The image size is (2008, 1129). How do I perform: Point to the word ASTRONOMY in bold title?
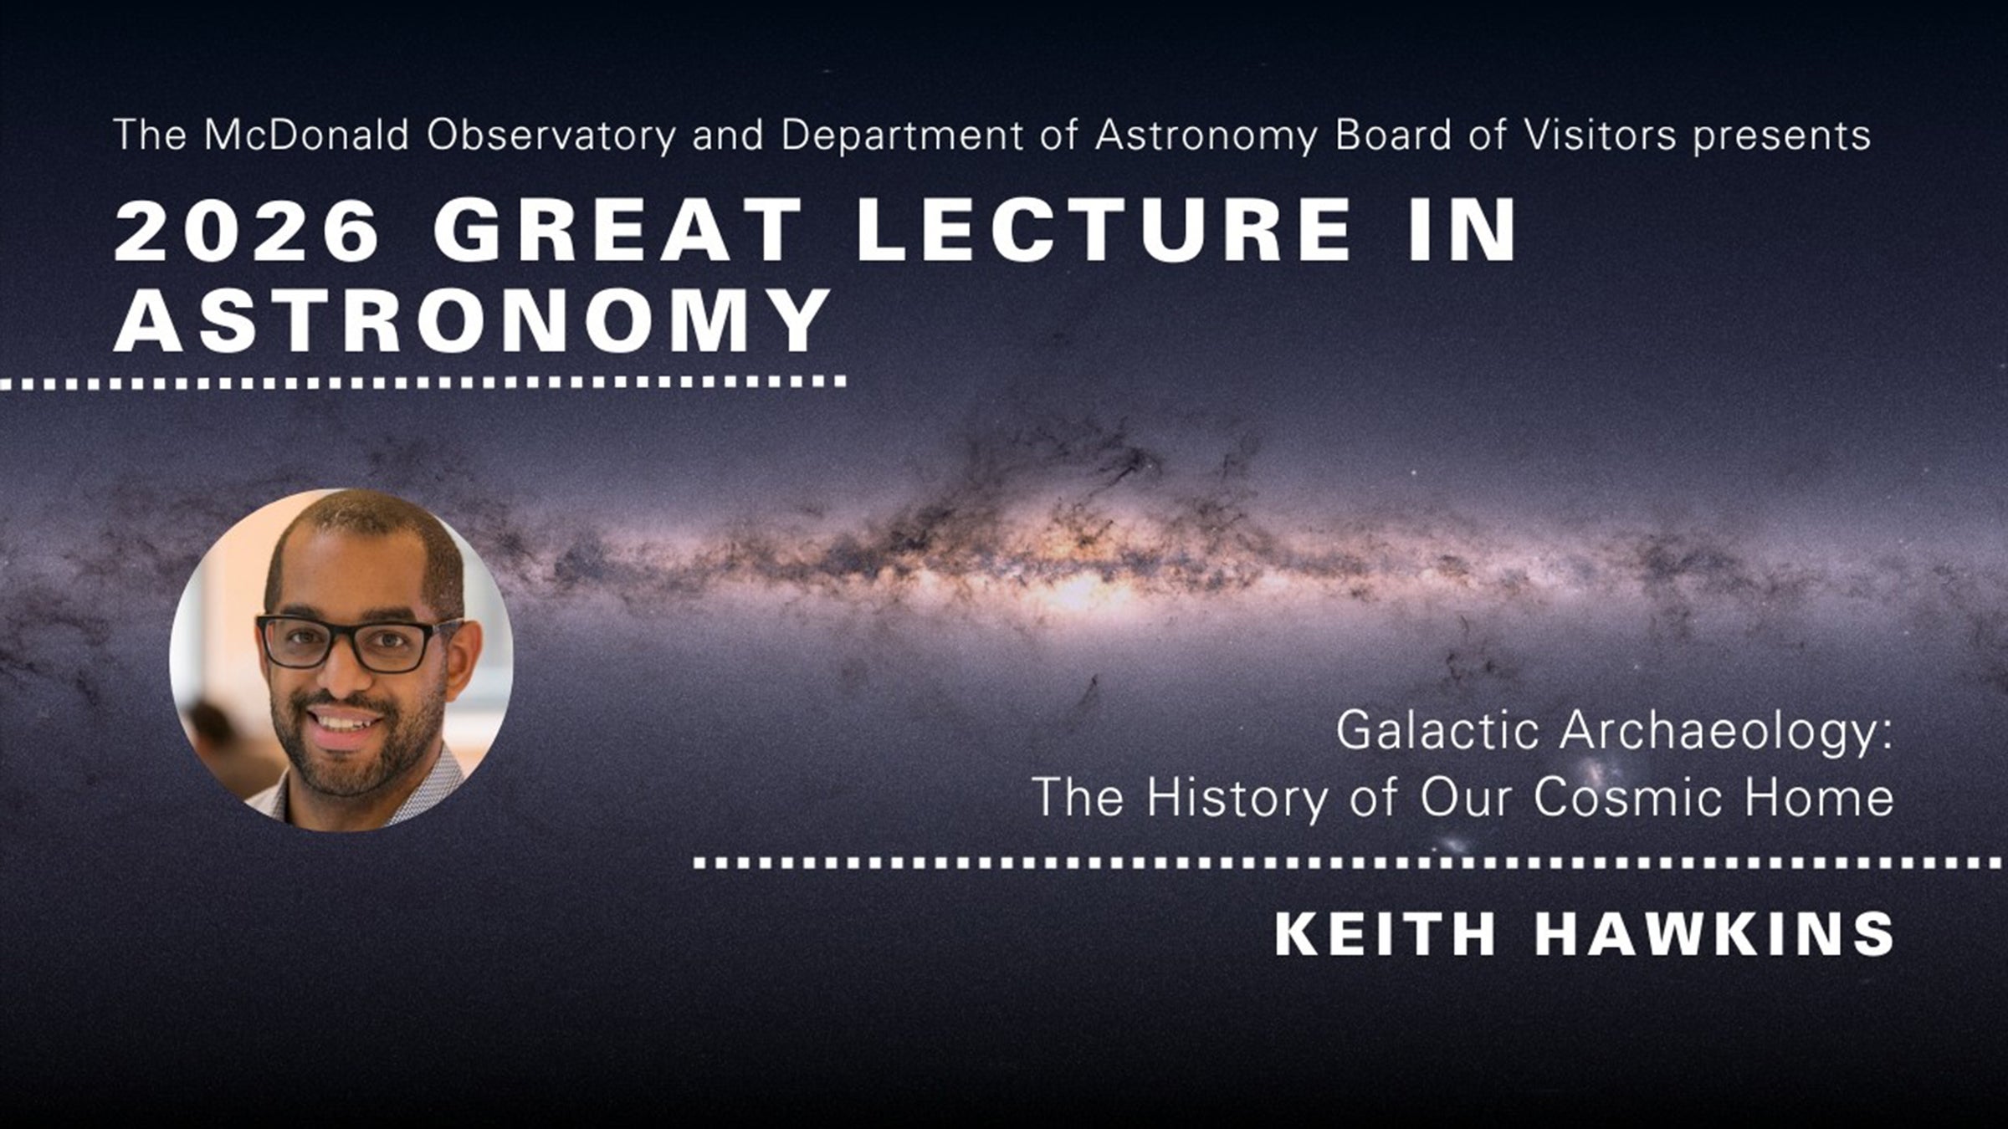pos(473,320)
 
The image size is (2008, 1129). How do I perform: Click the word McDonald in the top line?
pos(306,135)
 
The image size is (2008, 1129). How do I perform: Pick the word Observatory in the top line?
pos(551,135)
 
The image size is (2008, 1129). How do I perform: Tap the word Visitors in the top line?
pos(1600,135)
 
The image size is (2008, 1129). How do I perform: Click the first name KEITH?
pos(1385,934)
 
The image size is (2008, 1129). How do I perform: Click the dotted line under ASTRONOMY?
pos(423,382)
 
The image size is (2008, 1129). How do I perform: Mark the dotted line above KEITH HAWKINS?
pos(1347,862)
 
